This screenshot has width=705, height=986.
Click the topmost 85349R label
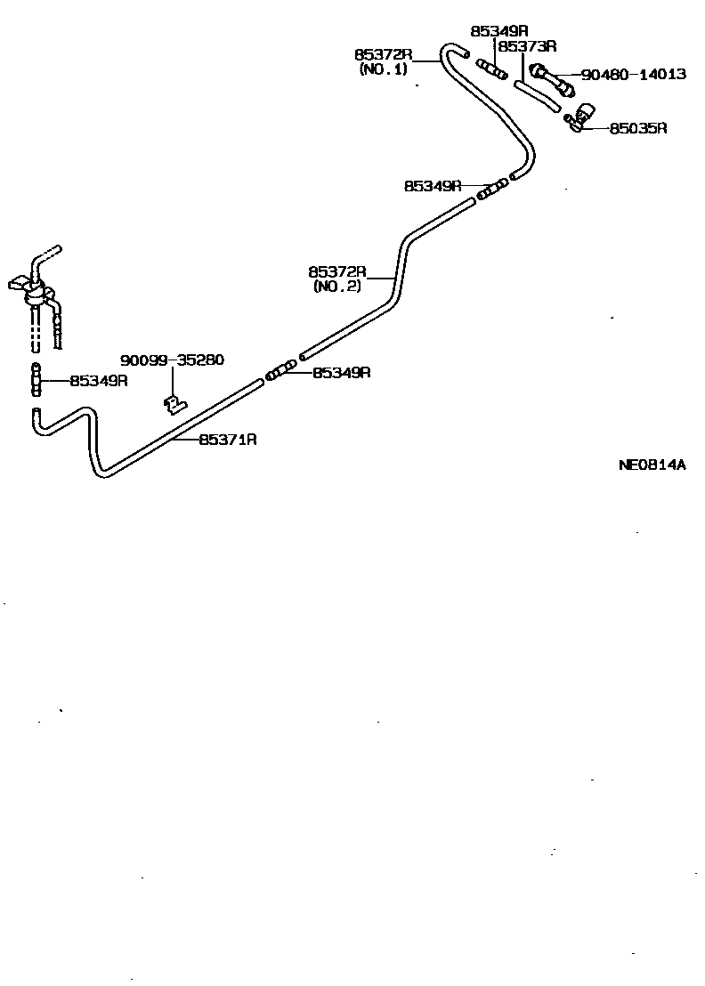(499, 30)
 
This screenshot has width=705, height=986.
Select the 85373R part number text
(527, 45)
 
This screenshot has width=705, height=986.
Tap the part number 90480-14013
(633, 75)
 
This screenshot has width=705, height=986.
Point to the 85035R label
(638, 128)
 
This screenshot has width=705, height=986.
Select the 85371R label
(228, 440)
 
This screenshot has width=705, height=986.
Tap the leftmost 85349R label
(99, 381)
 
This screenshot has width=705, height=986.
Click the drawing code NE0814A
(652, 465)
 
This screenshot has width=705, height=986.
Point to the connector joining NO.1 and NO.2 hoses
(491, 188)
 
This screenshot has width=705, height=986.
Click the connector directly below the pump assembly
(36, 381)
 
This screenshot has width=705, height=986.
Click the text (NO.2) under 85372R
(337, 287)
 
